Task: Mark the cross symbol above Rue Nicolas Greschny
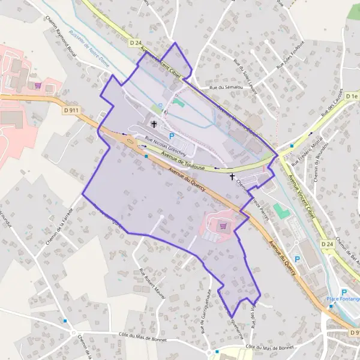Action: pos(155,125)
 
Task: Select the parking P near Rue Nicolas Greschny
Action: pos(172,136)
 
